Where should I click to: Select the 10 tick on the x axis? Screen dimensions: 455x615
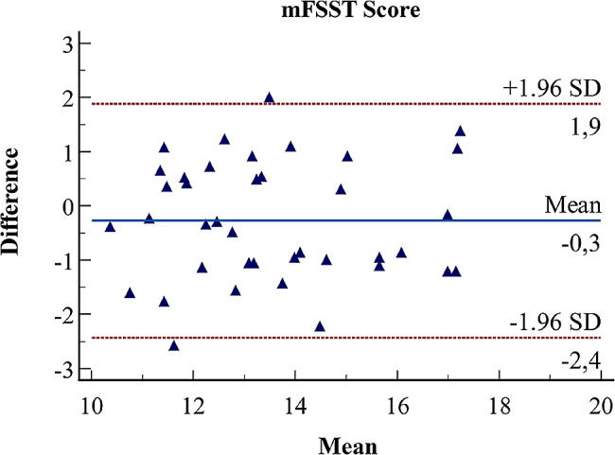(x=91, y=401)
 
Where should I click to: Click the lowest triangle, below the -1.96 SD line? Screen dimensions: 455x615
(x=174, y=345)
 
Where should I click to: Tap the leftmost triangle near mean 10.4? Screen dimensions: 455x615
(x=110, y=226)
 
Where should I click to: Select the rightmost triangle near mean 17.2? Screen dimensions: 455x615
(x=461, y=131)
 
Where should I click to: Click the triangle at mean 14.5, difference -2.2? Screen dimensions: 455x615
(x=320, y=326)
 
